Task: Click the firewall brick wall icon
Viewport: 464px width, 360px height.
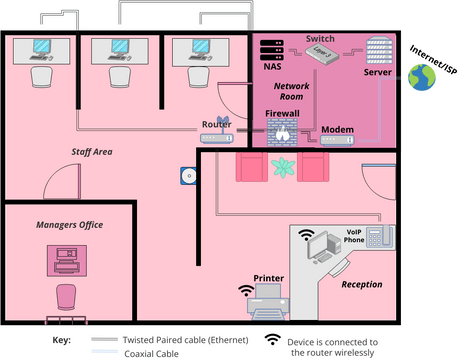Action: click(x=283, y=132)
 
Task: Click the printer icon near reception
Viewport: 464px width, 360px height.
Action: click(x=269, y=295)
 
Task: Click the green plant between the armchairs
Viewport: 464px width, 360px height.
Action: click(x=285, y=168)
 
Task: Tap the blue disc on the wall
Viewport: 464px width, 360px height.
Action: click(x=187, y=177)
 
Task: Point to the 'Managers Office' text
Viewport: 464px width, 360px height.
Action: click(x=69, y=225)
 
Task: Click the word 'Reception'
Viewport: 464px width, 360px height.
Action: click(x=361, y=285)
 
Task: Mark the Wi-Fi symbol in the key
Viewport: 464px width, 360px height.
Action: click(x=271, y=341)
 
